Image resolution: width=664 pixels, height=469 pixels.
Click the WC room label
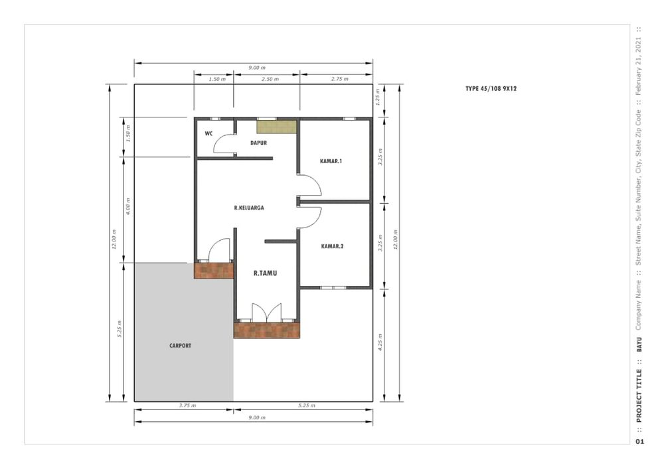click(x=208, y=133)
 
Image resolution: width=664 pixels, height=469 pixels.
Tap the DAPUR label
click(x=259, y=143)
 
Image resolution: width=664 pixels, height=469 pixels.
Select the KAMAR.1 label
click(x=331, y=161)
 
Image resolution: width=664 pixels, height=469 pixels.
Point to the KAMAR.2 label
click(x=333, y=246)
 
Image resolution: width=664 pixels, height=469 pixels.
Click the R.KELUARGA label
click(x=249, y=208)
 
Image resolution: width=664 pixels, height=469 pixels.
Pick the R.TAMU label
click(x=265, y=273)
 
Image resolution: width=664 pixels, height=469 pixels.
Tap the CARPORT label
click(x=181, y=346)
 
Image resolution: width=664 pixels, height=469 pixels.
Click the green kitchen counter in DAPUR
click(x=276, y=127)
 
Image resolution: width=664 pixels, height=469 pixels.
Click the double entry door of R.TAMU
click(x=267, y=312)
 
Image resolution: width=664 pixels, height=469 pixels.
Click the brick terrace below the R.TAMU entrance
click(x=267, y=330)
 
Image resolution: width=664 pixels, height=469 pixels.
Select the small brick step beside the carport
click(x=214, y=271)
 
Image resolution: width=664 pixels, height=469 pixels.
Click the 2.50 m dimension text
click(x=270, y=79)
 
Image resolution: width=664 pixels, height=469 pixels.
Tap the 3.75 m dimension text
click(x=187, y=405)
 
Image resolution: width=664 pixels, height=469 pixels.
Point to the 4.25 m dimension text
click(x=380, y=342)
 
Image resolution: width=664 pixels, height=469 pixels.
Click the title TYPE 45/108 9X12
click(x=491, y=89)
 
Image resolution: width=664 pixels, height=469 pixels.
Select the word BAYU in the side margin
click(x=639, y=345)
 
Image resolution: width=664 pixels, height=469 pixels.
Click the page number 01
click(x=640, y=442)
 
